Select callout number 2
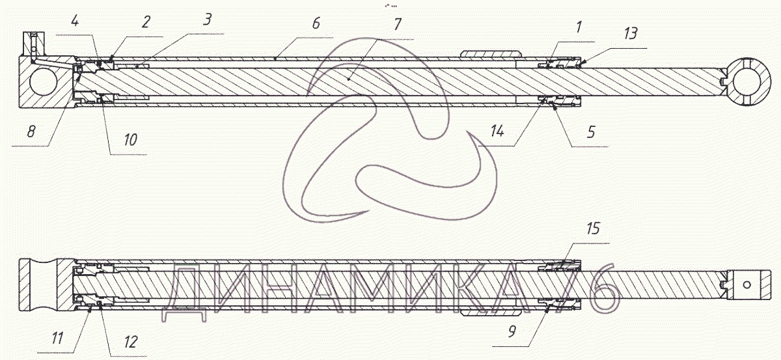tap(146, 22)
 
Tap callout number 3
tap(207, 20)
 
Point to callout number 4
tap(75, 21)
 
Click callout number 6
tap(316, 23)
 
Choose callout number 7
tap(398, 25)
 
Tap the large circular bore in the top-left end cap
tap(42, 83)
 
